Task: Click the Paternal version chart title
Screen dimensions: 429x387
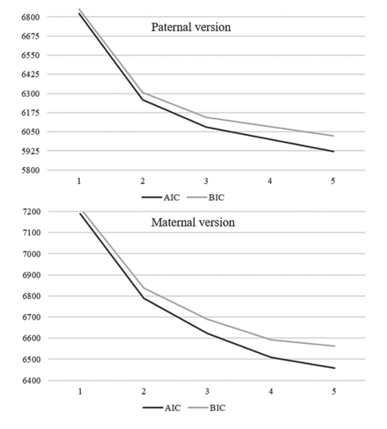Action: click(191, 27)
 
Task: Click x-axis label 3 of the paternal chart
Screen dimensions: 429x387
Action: click(206, 182)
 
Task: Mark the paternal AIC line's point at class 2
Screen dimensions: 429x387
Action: click(143, 99)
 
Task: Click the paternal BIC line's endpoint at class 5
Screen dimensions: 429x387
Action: click(333, 136)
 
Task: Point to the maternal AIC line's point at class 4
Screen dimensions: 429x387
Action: click(270, 357)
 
